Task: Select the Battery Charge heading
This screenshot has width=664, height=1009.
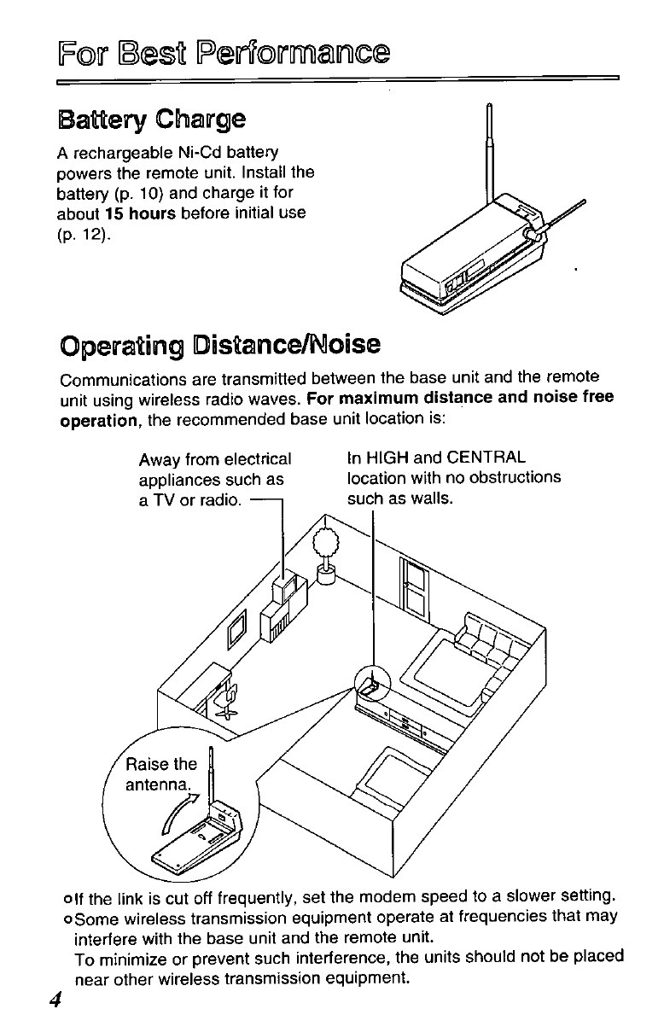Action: point(151,119)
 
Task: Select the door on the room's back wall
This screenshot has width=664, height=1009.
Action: point(412,581)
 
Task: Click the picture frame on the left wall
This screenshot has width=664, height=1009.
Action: point(238,630)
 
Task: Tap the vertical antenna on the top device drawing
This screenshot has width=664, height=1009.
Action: point(489,154)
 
